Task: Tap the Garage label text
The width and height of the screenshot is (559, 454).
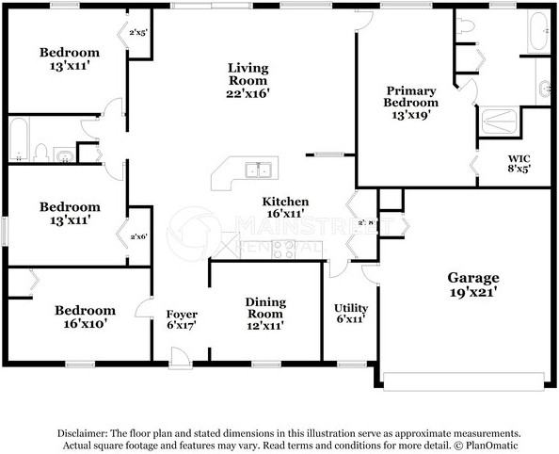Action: click(x=472, y=284)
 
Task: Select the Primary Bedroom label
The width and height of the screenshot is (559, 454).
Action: click(x=411, y=102)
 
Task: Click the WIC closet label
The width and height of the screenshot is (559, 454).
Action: click(x=519, y=164)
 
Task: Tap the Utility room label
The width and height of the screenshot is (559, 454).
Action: click(x=351, y=314)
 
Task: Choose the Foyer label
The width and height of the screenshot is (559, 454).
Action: click(x=181, y=320)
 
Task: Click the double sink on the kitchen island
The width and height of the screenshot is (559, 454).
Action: click(x=257, y=170)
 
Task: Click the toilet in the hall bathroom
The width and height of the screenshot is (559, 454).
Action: click(x=40, y=152)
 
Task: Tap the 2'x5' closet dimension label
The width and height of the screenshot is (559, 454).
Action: click(x=138, y=32)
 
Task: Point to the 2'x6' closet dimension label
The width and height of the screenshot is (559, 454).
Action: click(x=138, y=236)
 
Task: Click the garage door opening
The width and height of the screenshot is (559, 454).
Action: click(x=465, y=381)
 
